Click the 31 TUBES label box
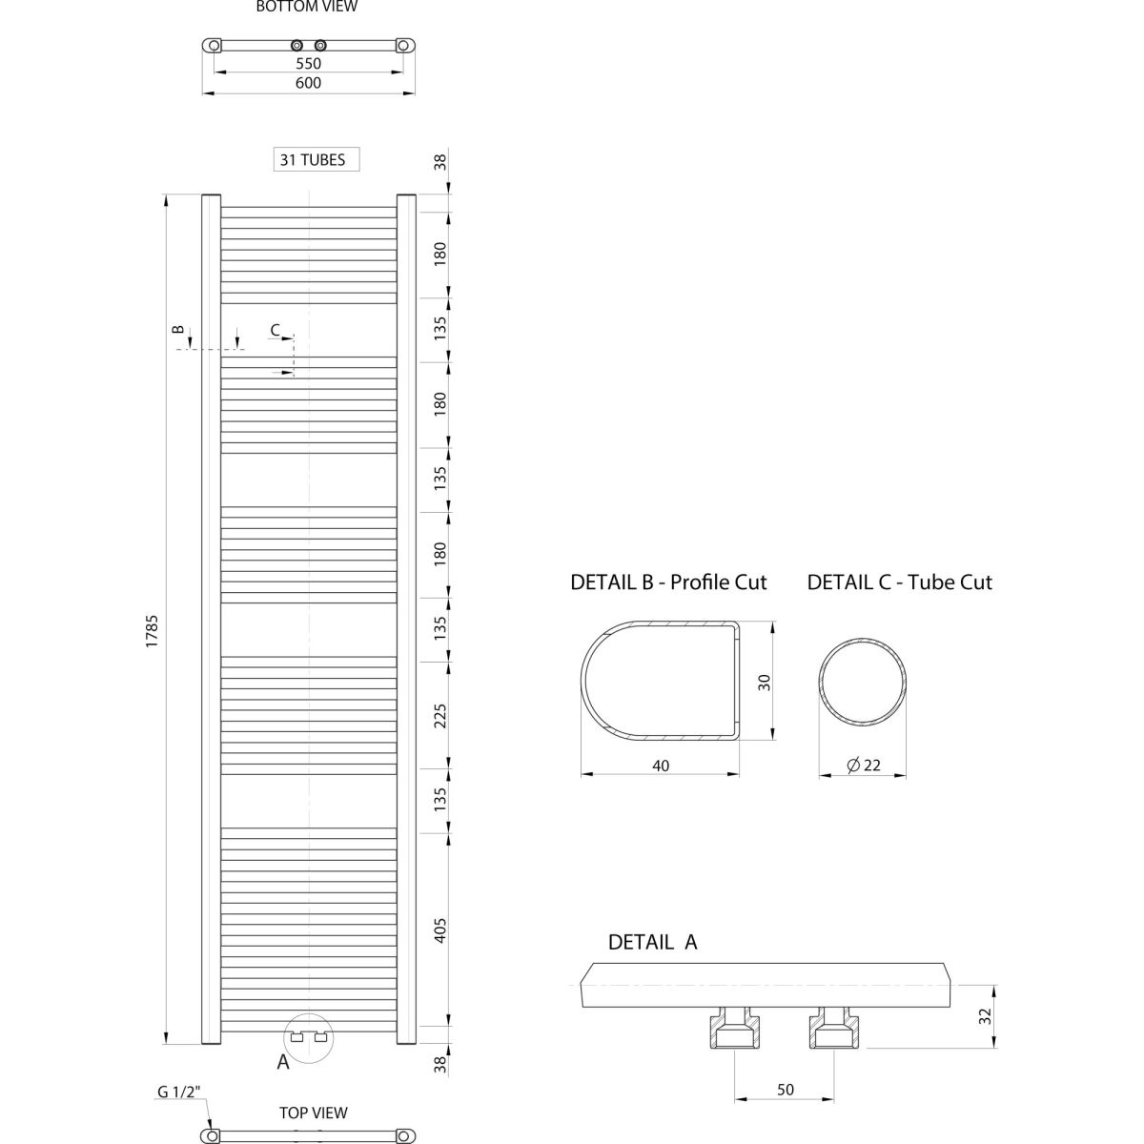pos(316,159)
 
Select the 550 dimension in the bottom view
pos(308,64)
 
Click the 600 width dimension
pos(308,83)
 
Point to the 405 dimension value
pos(439,930)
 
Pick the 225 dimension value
pos(439,716)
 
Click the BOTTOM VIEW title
pos(307,7)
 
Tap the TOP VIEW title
pos(314,1113)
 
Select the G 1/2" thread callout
pos(178,1092)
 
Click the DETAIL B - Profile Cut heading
pos(668,582)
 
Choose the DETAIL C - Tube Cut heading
pos(899,582)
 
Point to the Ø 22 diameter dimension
pos(864,766)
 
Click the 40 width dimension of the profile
pos(661,766)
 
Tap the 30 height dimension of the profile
pos(764,683)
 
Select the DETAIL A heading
pos(652,942)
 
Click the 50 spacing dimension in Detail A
pos(785,1090)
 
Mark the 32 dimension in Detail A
pos(985,1016)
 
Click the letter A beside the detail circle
pos(283,1062)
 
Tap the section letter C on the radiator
pos(276,330)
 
